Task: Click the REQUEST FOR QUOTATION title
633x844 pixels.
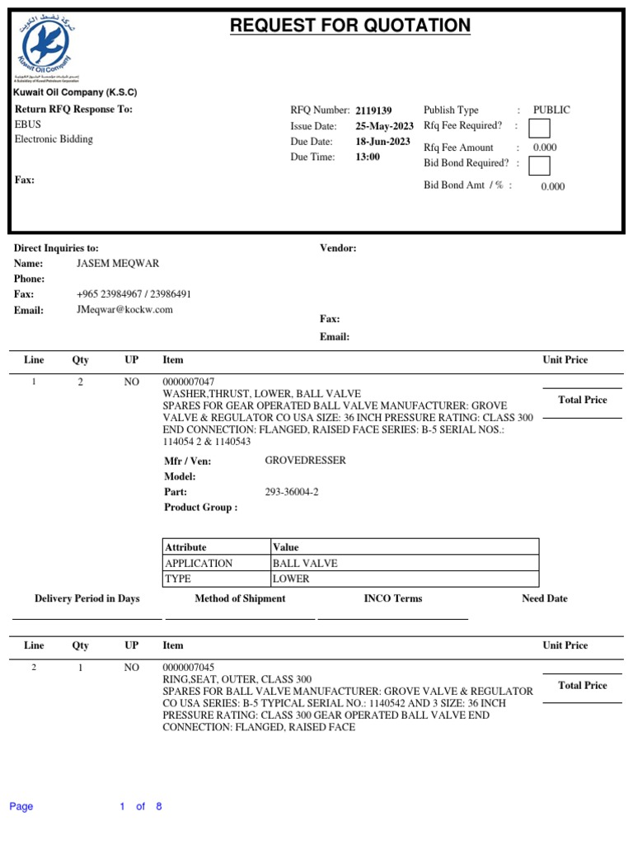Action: tap(350, 26)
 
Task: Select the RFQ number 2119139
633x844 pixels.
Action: tap(373, 110)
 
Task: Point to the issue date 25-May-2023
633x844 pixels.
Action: tap(384, 126)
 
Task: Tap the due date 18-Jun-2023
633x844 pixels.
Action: tap(382, 142)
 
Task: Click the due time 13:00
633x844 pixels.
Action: tap(368, 157)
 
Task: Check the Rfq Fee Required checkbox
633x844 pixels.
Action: tap(539, 129)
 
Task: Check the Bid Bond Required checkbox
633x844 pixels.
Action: tap(539, 166)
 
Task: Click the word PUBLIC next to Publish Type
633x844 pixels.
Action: tap(551, 110)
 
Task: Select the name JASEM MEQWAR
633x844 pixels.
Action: tap(118, 264)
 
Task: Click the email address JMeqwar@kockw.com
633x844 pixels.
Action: tap(124, 310)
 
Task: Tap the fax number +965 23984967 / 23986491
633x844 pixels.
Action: tap(134, 294)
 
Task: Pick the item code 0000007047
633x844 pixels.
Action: tap(189, 382)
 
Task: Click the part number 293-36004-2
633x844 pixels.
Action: tap(291, 492)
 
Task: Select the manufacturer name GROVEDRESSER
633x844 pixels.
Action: tap(305, 461)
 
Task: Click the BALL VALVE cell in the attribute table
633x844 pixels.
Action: tap(305, 564)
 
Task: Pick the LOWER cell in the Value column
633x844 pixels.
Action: tap(291, 579)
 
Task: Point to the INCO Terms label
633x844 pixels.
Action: tap(392, 598)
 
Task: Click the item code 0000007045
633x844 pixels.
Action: tap(189, 668)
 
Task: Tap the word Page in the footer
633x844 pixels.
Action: tap(21, 807)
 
